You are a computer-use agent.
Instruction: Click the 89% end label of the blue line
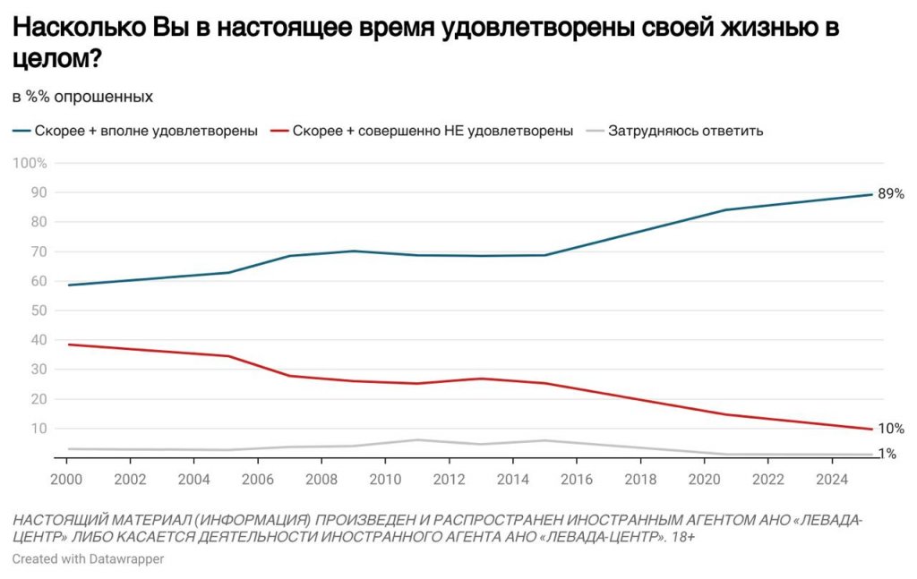[890, 193]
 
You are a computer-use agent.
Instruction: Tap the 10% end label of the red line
[890, 429]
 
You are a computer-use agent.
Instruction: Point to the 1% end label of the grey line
[887, 454]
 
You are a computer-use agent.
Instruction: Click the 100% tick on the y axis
[30, 163]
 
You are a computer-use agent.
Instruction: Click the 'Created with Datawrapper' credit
[88, 558]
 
